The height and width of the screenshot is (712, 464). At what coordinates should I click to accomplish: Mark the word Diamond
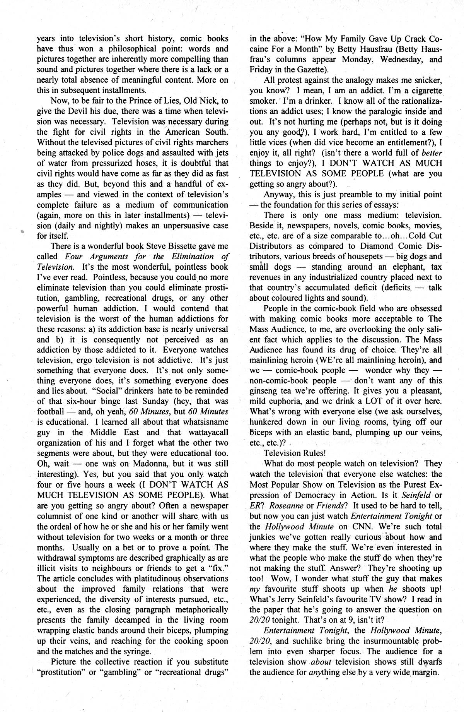coord(372,246)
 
